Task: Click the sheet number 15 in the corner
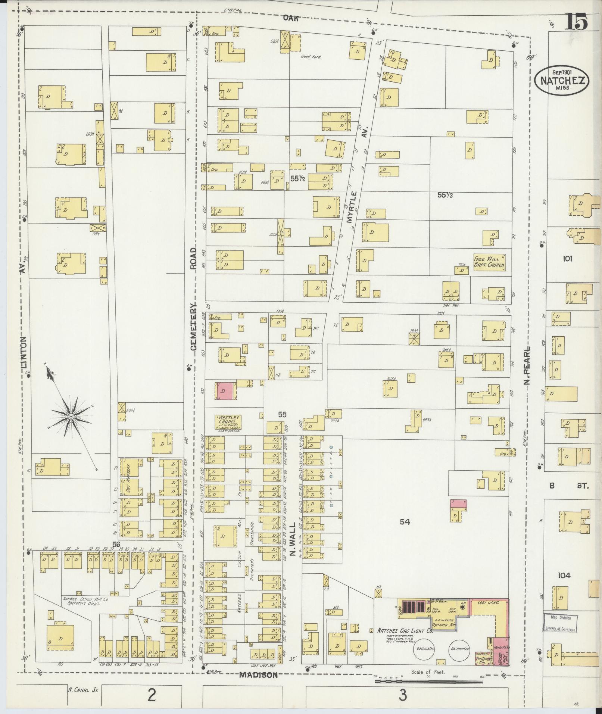tap(577, 22)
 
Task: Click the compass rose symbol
tap(71, 415)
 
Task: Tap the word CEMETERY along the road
tap(193, 327)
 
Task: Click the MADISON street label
tap(258, 675)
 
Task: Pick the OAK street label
tap(290, 18)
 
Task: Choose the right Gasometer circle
tap(459, 648)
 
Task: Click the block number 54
tap(405, 522)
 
